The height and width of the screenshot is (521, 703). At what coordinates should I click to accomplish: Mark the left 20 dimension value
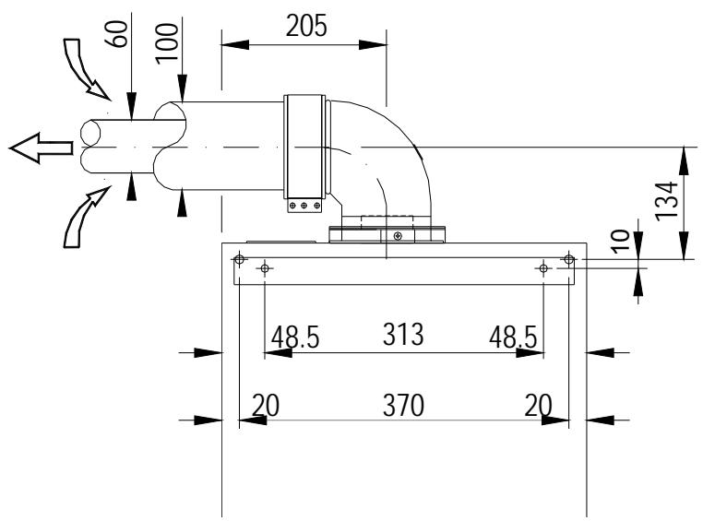(x=267, y=405)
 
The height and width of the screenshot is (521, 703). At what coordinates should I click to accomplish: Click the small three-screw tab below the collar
(x=304, y=207)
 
